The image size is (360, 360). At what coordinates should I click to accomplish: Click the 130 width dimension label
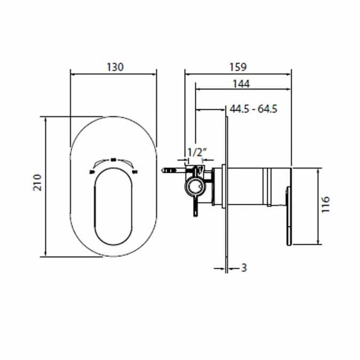tap(114, 67)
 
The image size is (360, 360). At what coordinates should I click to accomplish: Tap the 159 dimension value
tap(237, 67)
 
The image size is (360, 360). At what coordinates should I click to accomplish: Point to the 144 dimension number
tap(241, 83)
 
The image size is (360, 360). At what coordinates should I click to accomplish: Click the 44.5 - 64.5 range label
tap(253, 109)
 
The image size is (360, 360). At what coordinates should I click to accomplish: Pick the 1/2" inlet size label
tap(195, 153)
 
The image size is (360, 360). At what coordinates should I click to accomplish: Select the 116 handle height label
tap(326, 204)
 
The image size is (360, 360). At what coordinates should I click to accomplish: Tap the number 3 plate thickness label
tap(244, 268)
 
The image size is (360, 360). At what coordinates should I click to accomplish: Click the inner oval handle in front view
tap(114, 208)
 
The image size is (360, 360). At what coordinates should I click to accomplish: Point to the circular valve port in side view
tap(195, 187)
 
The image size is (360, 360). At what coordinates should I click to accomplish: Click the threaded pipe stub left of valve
tap(169, 171)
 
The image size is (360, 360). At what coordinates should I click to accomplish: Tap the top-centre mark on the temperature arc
tap(114, 158)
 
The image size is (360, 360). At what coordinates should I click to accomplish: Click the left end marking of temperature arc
tap(92, 172)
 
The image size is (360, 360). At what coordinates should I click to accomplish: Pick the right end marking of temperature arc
tap(134, 172)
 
